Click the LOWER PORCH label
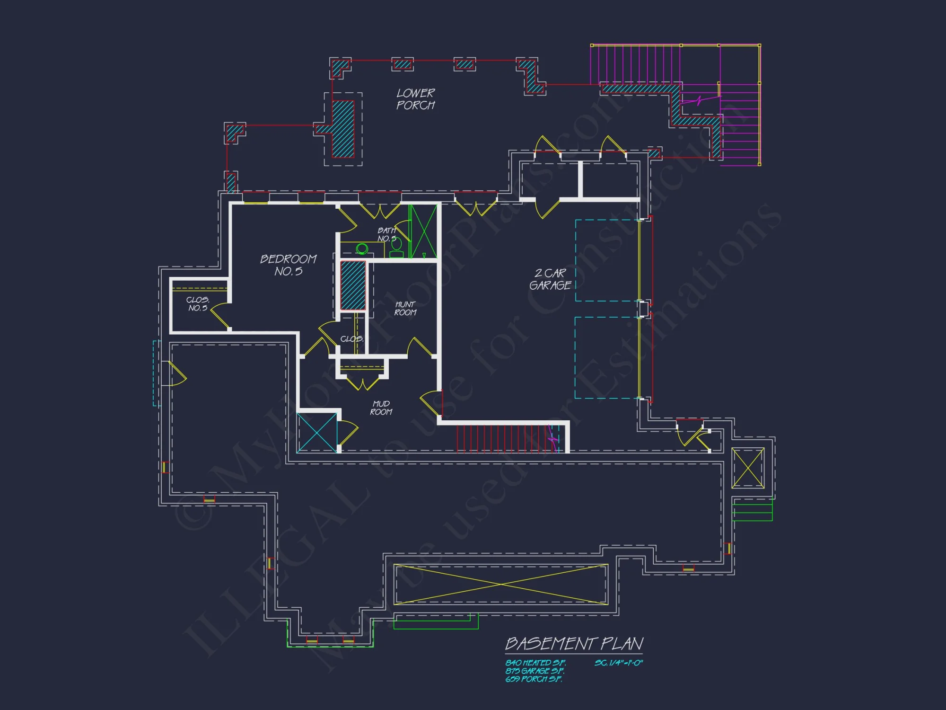(415, 99)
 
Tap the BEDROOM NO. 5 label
(288, 265)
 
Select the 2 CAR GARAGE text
(550, 279)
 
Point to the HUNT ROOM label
(405, 309)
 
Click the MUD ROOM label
(381, 408)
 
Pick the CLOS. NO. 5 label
(198, 304)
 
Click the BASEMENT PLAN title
(574, 644)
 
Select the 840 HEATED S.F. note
(535, 663)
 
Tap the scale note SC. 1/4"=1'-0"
(619, 663)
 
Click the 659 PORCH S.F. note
(534, 679)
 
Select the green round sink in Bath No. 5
(362, 248)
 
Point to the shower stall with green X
(424, 231)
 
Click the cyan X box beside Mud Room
(317, 432)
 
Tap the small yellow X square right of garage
(748, 468)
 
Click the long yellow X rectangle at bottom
(500, 584)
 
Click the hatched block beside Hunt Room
(353, 285)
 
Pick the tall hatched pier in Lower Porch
(343, 129)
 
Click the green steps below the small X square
(752, 510)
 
